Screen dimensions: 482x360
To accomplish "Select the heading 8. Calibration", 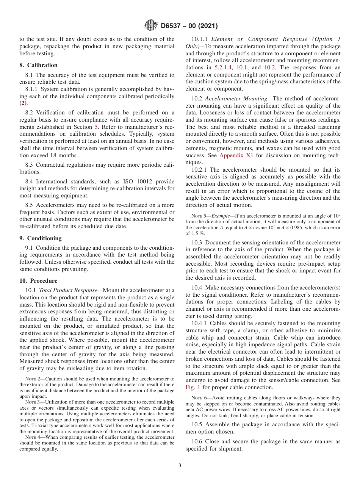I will [x=38, y=65].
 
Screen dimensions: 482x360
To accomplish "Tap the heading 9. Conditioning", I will [x=40, y=238].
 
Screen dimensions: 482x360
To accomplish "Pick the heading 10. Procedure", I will [x=38, y=281].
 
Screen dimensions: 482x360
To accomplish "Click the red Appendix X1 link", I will [x=236, y=155].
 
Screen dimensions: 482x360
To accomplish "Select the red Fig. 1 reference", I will [x=193, y=387].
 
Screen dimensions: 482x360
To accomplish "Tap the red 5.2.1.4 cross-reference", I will [x=224, y=67].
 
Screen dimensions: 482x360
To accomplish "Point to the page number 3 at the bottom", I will [x=180, y=466].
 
